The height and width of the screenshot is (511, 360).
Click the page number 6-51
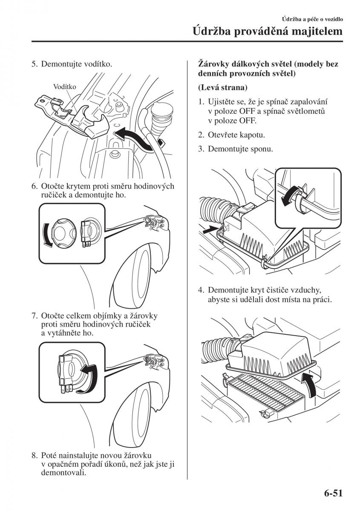(330, 494)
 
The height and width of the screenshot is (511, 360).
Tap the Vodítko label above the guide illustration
(65, 87)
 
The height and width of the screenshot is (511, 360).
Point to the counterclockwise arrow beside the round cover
(47, 234)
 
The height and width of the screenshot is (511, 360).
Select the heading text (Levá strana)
(222, 88)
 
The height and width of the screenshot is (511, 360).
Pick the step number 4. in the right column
(201, 290)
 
